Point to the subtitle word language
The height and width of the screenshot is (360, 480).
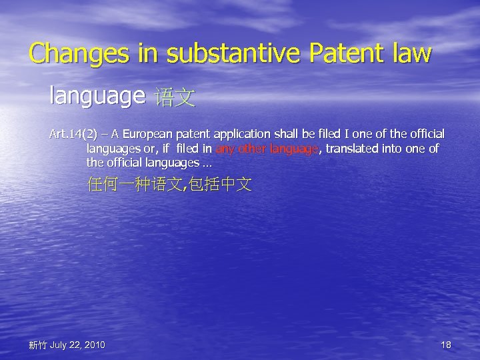[x=97, y=97]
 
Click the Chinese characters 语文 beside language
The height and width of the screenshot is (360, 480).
[x=175, y=99]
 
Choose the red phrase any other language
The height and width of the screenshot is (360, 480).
[x=267, y=149]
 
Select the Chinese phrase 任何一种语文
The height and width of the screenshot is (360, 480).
[x=133, y=185]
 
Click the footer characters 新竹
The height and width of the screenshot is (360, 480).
[x=37, y=345]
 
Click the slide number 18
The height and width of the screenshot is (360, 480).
[x=446, y=345]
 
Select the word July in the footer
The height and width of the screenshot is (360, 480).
[x=58, y=345]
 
